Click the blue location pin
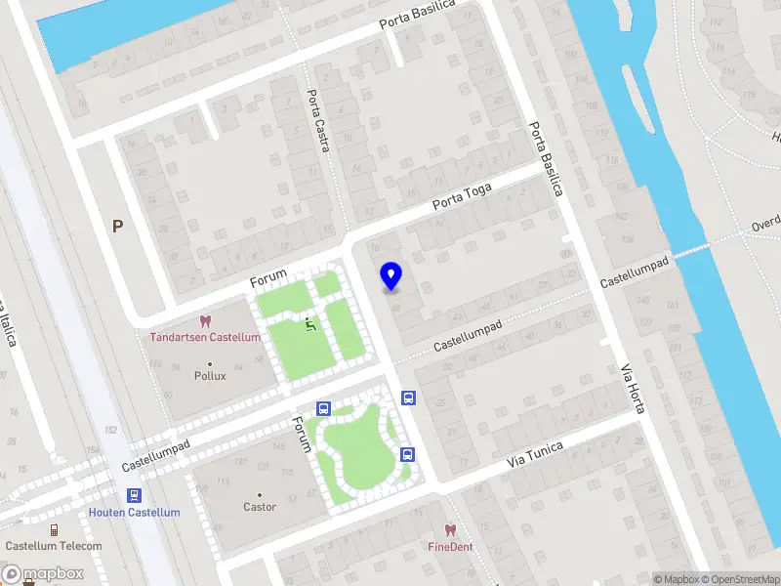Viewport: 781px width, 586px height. (x=391, y=275)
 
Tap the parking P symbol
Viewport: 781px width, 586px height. (x=118, y=227)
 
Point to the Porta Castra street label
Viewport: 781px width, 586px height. (x=318, y=121)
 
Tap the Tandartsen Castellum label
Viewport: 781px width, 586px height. (x=205, y=337)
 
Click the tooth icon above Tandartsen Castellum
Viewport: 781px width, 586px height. (x=205, y=320)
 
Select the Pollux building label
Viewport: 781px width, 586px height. (x=210, y=375)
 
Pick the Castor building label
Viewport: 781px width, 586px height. (x=260, y=507)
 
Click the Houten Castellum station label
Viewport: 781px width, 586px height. (x=135, y=512)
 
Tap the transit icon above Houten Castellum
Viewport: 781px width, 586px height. (x=134, y=495)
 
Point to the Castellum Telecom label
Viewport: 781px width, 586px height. (x=54, y=546)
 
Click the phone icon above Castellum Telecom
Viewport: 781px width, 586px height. (x=54, y=529)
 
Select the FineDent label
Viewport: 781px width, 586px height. (x=450, y=547)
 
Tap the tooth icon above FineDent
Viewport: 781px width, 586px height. (x=450, y=530)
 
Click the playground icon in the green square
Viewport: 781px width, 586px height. (x=310, y=321)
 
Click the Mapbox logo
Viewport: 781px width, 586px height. (x=43, y=574)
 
